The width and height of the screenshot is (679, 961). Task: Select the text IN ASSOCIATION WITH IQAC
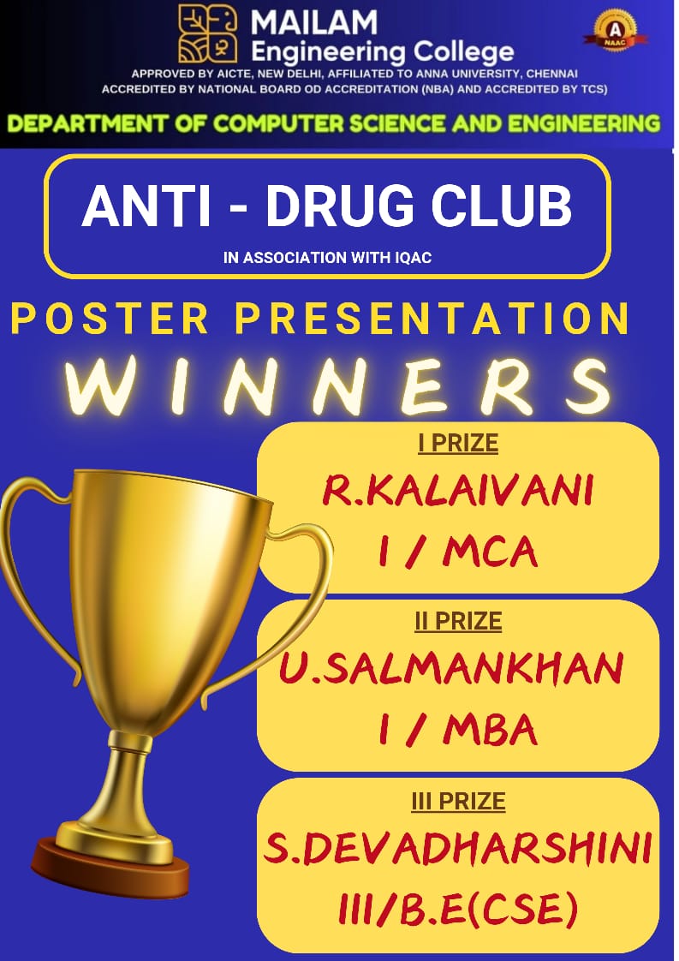click(326, 257)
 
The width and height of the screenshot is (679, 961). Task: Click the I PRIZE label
click(458, 443)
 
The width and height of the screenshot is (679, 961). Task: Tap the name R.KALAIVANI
click(458, 492)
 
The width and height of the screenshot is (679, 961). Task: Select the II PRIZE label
click(458, 621)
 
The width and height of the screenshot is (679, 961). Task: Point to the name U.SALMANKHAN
click(451, 668)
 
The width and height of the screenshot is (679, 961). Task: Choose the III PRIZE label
click(458, 801)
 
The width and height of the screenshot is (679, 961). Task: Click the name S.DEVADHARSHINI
click(458, 851)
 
